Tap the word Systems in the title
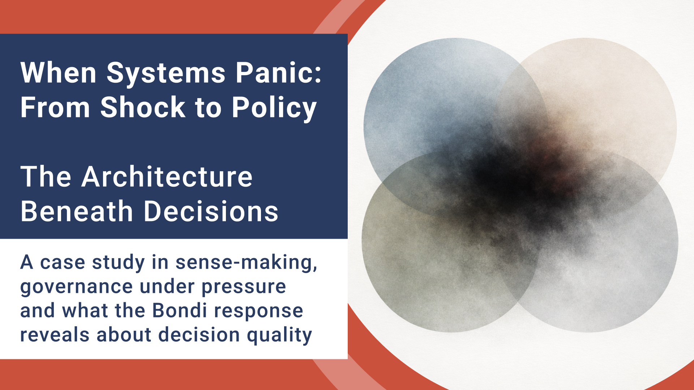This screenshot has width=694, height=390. [x=166, y=73]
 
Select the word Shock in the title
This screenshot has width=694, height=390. [x=143, y=108]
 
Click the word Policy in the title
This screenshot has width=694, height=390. [x=274, y=108]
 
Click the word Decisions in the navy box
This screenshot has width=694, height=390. [x=211, y=212]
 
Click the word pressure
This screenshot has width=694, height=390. [x=244, y=287]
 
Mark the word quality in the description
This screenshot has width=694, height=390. [x=279, y=335]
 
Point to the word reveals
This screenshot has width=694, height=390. [x=55, y=335]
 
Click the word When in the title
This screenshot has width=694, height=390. [x=58, y=73]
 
